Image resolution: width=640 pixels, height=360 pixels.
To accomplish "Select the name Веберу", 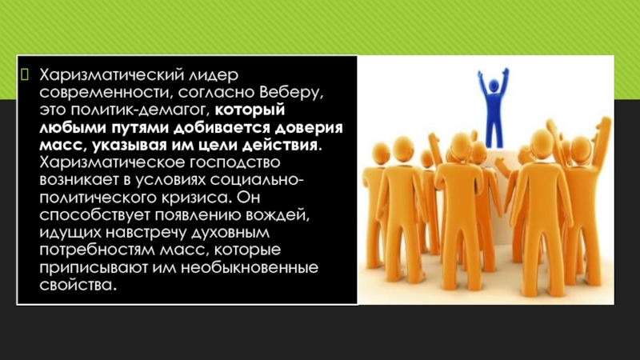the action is pos(290,93).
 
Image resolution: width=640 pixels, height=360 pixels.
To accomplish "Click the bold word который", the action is pos(250,110).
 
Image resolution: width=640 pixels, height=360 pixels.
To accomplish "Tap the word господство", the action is pos(234,163).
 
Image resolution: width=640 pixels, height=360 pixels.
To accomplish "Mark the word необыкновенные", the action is pos(250,268).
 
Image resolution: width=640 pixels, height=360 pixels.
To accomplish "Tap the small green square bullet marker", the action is pos(25,74).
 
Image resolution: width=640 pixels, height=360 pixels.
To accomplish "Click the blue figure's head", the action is pos(494,86).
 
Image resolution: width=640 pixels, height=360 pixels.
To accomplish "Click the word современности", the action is pos(106,93).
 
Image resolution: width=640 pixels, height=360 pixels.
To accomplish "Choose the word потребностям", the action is pos(97,250).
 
